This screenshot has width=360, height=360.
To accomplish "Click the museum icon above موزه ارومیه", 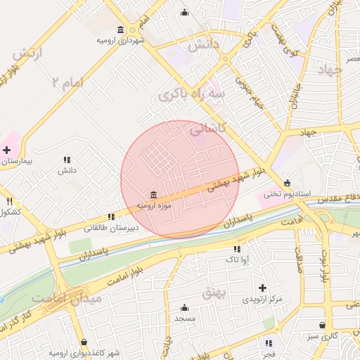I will click(153, 194).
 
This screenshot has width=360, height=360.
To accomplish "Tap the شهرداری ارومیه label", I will click(122, 39).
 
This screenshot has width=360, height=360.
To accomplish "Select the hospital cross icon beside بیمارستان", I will click(6, 150).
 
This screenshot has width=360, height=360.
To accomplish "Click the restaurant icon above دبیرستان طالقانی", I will click(111, 217).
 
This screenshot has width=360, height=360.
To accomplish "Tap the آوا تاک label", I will click(236, 260).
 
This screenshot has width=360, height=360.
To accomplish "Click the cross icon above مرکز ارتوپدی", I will click(262, 288).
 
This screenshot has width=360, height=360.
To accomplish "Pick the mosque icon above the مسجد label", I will click(184, 307).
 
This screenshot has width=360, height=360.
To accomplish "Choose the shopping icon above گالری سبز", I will click(322, 325).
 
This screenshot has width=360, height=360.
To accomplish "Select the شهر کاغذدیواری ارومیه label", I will click(84, 352).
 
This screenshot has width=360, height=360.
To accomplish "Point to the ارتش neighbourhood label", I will click(28, 52).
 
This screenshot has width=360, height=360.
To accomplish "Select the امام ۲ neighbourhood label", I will click(67, 82).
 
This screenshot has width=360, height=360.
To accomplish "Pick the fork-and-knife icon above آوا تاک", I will click(236, 249).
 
